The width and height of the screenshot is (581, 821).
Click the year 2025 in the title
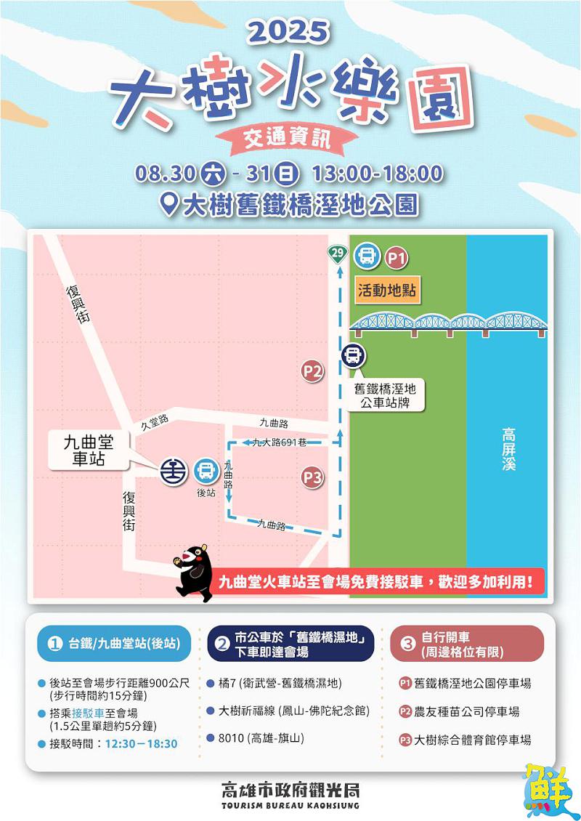(289, 31)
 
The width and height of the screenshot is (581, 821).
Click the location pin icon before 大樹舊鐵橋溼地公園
(169, 204)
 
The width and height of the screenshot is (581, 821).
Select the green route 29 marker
(336, 254)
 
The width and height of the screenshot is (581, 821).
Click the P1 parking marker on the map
(397, 257)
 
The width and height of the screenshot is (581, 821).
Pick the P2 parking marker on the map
(312, 372)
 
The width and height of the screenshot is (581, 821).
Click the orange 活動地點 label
(386, 290)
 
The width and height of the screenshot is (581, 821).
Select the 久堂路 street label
(154, 421)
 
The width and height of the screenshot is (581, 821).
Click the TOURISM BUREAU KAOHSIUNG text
(290, 806)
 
